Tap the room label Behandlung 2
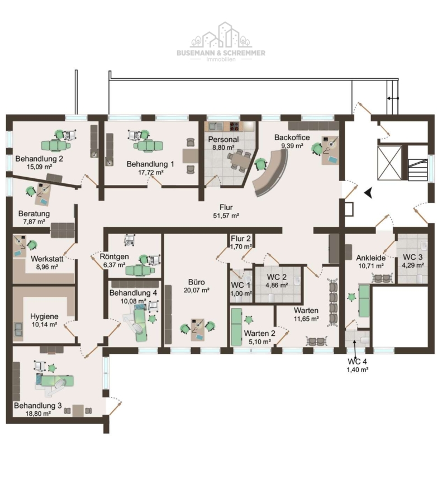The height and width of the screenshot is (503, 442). (39, 159)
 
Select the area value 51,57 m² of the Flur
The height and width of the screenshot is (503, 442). (226, 216)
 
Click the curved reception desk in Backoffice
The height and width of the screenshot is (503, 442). (271, 173)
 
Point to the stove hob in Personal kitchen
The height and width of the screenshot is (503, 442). (235, 126)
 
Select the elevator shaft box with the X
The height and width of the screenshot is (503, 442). (389, 163)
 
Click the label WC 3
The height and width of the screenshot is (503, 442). (412, 257)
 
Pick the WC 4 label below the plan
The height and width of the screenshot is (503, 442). (357, 362)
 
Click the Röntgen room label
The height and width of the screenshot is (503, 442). (114, 257)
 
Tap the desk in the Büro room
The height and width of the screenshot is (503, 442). (197, 329)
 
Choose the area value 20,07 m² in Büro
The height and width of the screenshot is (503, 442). (197, 290)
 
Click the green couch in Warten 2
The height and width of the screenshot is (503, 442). (236, 327)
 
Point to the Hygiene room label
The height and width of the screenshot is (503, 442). (44, 317)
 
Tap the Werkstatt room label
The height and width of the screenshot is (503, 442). (47, 259)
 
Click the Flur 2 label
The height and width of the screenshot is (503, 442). (241, 239)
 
